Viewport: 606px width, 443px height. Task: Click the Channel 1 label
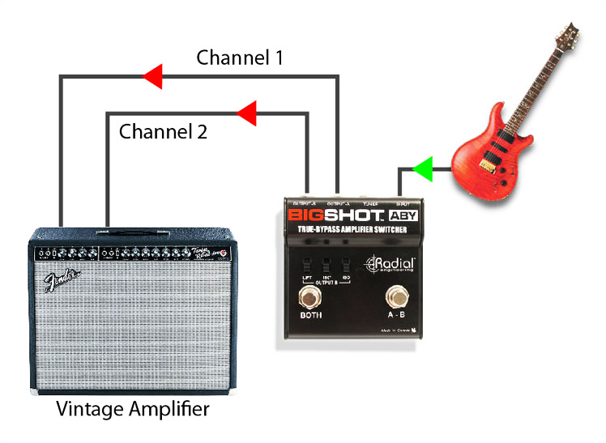(x=241, y=58)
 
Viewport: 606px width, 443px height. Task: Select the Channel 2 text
(x=163, y=130)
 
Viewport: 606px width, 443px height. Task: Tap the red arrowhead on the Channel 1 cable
(x=151, y=78)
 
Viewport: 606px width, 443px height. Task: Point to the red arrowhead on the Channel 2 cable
(x=245, y=114)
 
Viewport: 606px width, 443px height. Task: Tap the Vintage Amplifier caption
(x=132, y=409)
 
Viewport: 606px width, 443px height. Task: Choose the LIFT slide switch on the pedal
(x=306, y=266)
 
